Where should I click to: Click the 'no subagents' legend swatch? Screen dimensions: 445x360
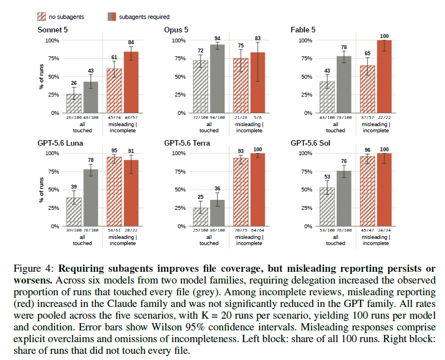pyautogui.click(x=41, y=17)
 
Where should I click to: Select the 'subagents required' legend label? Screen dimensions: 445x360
pyautogui.click(x=144, y=17)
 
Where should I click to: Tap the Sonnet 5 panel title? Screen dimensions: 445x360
pyautogui.click(x=53, y=30)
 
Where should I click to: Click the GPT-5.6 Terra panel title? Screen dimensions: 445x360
pyautogui.click(x=187, y=143)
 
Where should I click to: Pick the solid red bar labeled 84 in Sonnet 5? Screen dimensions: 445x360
pyautogui.click(x=131, y=82)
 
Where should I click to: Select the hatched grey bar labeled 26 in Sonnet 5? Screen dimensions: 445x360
pyautogui.click(x=74, y=103)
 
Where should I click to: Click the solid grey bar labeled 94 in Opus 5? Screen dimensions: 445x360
pyautogui.click(x=217, y=79)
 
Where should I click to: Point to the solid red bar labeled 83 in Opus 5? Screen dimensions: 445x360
pyautogui.click(x=258, y=83)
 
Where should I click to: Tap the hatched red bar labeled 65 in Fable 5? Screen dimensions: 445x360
pyautogui.click(x=367, y=89)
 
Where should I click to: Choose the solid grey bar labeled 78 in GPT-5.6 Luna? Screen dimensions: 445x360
pyautogui.click(x=91, y=198)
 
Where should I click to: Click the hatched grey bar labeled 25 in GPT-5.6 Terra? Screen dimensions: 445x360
pyautogui.click(x=200, y=217)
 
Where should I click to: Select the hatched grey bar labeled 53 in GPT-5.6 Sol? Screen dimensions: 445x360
pyautogui.click(x=327, y=207)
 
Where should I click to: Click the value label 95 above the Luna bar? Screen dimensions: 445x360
pyautogui.click(x=114, y=151)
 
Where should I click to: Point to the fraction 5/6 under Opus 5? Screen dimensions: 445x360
pyautogui.click(x=258, y=117)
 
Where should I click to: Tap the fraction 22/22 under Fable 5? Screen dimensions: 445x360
pyautogui.click(x=384, y=117)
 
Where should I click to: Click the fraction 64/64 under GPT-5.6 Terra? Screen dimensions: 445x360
pyautogui.click(x=258, y=231)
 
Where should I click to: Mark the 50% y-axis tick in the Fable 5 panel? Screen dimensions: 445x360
pyautogui.click(x=307, y=76)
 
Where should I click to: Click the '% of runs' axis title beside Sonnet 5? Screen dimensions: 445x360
pyautogui.click(x=41, y=76)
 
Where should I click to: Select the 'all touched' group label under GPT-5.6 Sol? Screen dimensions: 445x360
pyautogui.click(x=336, y=241)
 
